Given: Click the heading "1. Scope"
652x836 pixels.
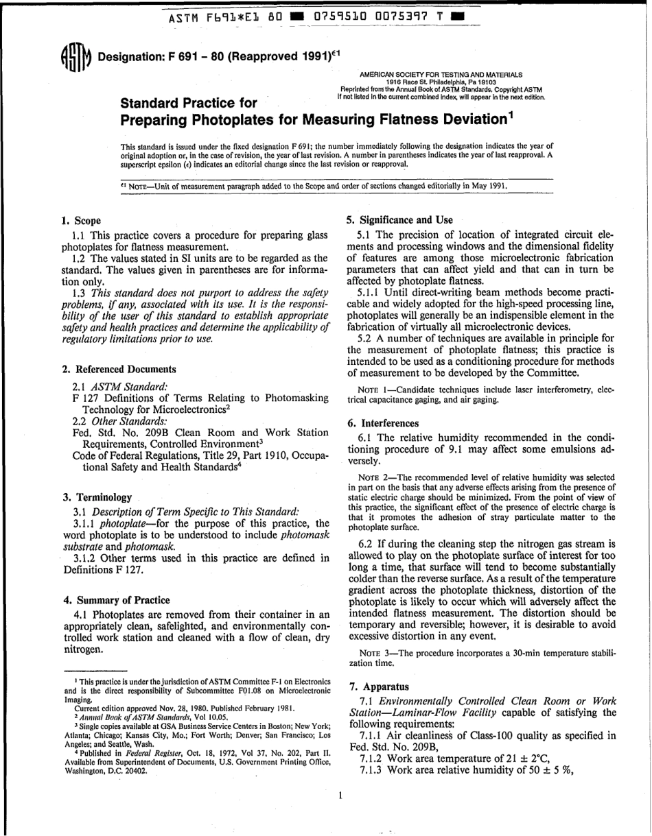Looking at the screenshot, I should click(81, 221).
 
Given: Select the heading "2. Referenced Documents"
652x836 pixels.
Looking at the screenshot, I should click(119, 369).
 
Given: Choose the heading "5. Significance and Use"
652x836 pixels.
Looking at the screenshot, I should click(399, 220).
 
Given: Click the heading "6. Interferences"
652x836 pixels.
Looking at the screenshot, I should click(382, 423).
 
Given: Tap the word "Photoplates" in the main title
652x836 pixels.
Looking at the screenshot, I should click(217, 119).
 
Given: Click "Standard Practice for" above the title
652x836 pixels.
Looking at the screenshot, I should click(189, 103).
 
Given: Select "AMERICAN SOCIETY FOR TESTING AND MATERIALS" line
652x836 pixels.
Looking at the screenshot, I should click(441, 74).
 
